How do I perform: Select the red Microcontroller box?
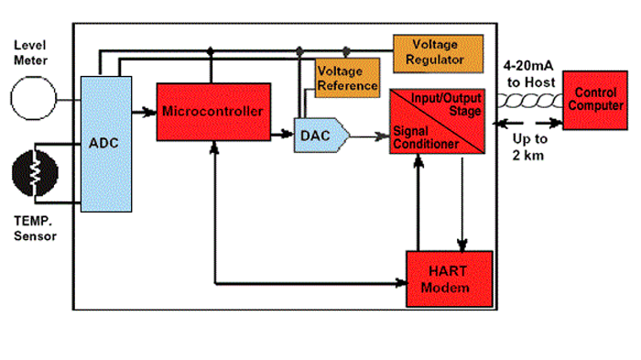point(213,112)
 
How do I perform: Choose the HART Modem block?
point(450,279)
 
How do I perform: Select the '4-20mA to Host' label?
point(526,73)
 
